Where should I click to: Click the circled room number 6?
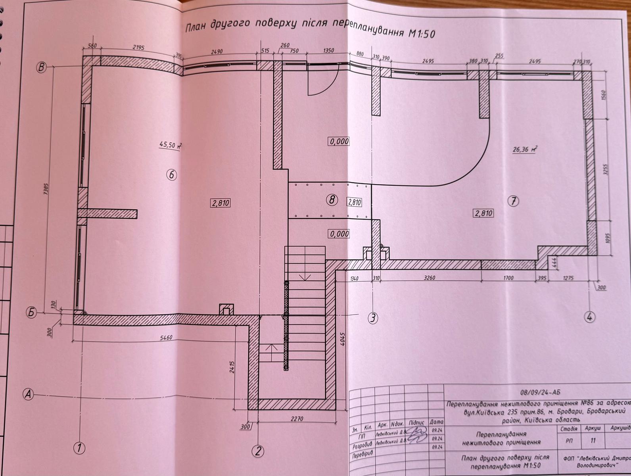click(x=171, y=175)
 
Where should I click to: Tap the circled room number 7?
click(x=513, y=202)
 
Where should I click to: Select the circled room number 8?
click(x=332, y=200)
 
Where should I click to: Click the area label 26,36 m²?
click(x=525, y=150)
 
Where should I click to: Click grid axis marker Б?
click(x=32, y=313)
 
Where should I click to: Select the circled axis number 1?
click(x=80, y=449)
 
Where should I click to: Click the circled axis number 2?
click(x=258, y=451)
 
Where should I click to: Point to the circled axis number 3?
click(x=372, y=317)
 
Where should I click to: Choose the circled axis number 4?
click(x=589, y=317)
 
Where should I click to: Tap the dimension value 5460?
click(x=164, y=338)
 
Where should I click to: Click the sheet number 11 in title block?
click(x=593, y=440)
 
